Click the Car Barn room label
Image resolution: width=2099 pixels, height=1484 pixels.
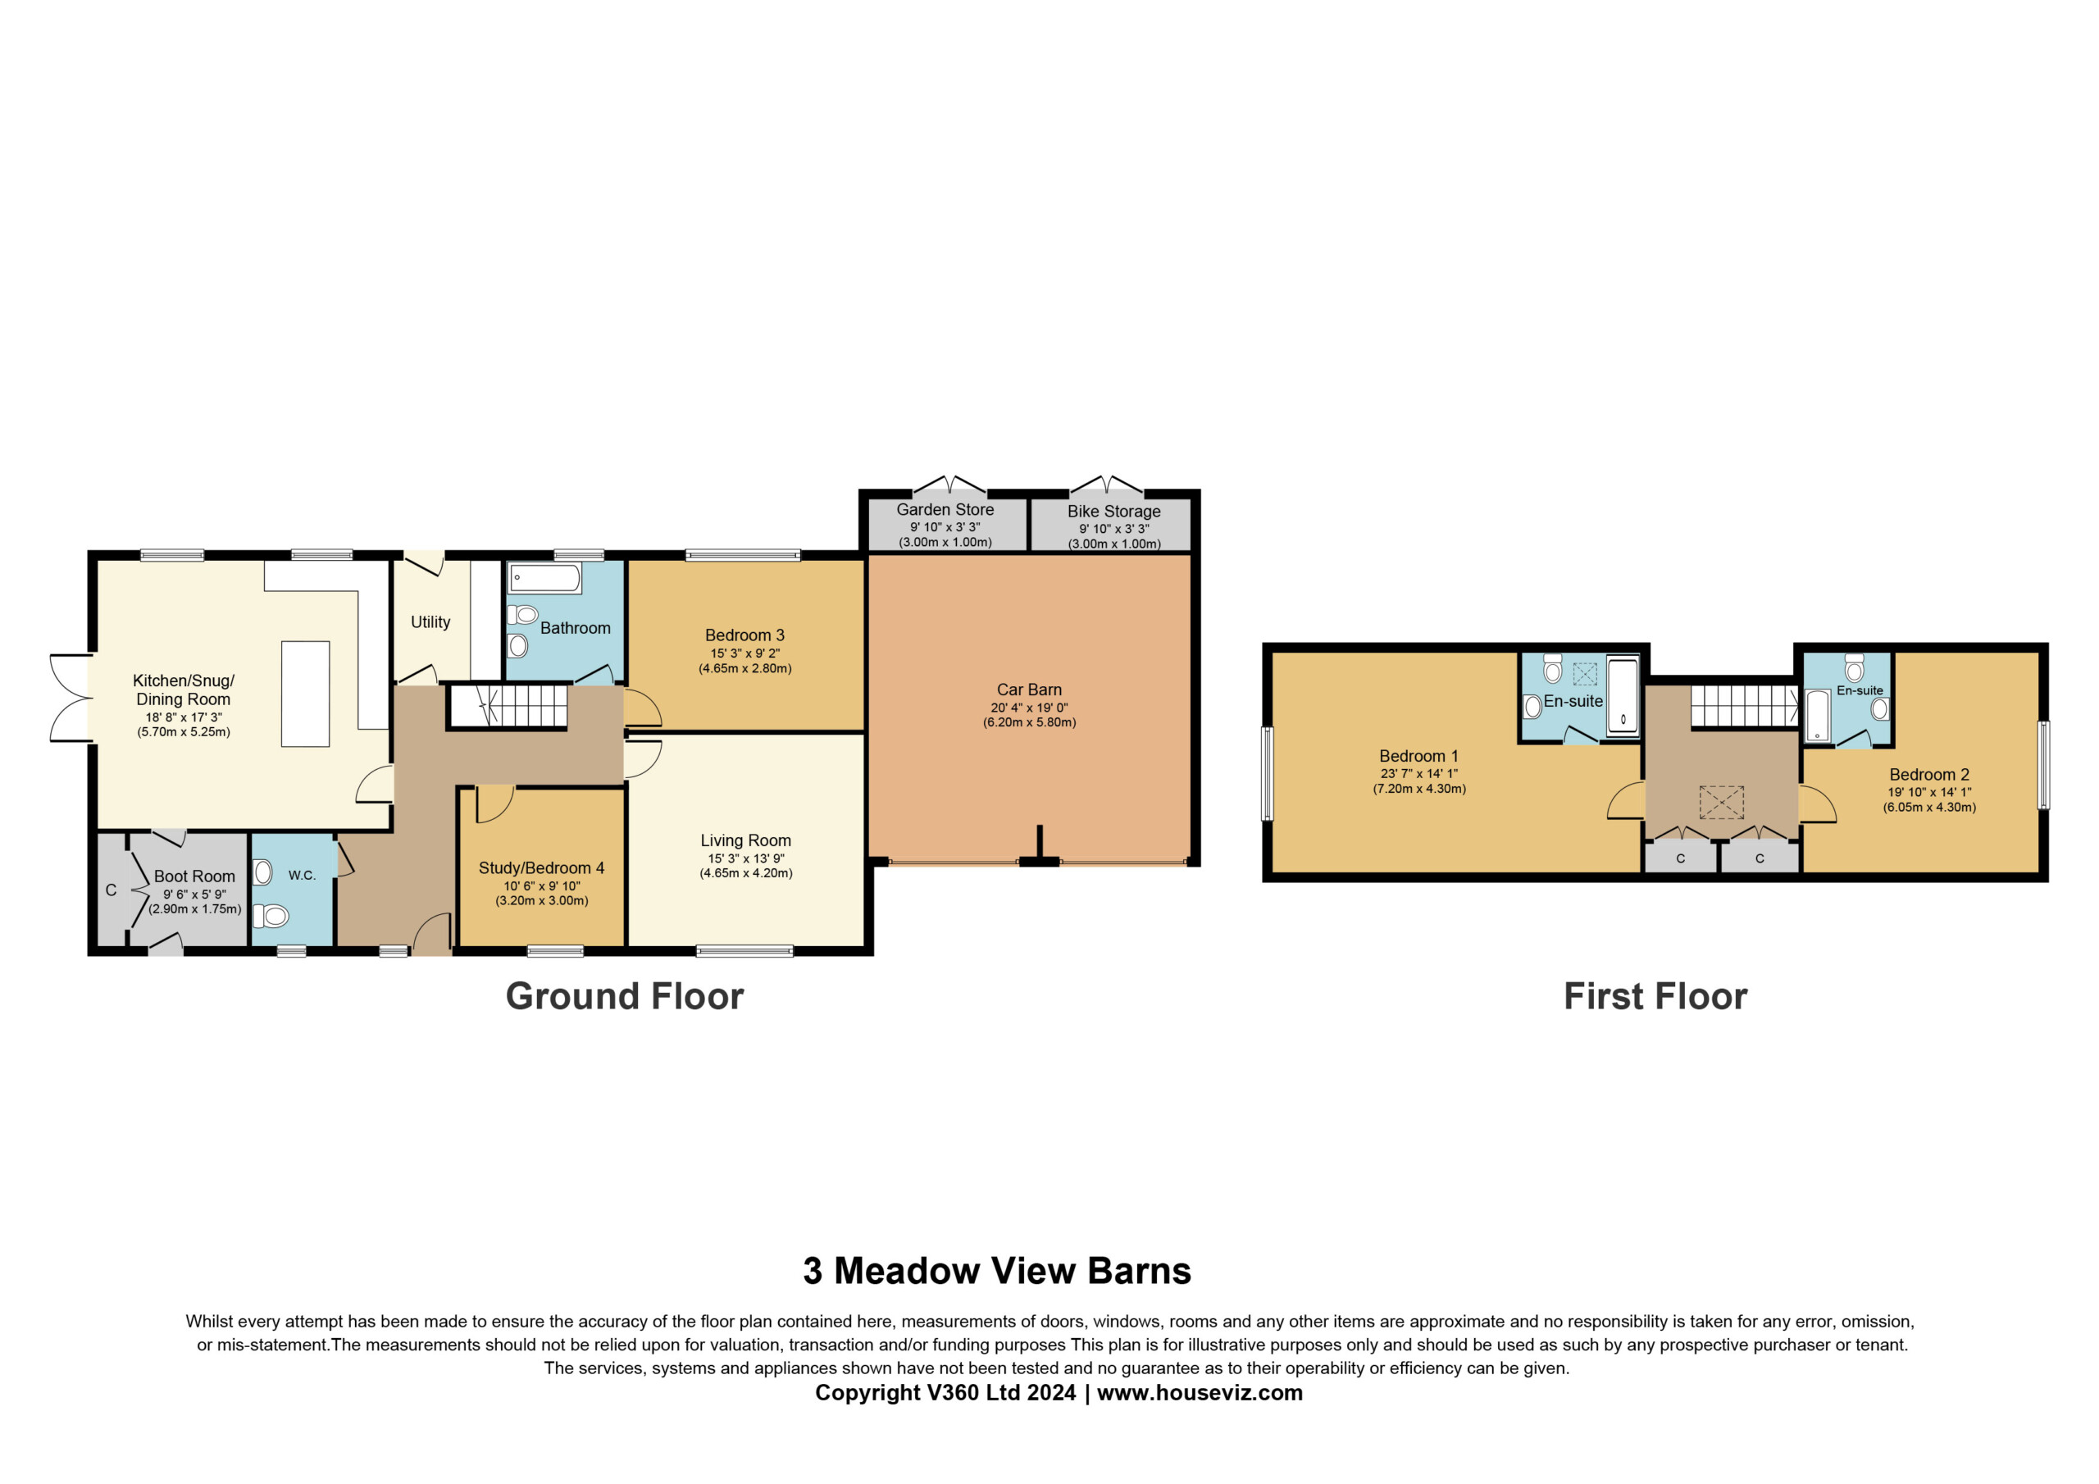coord(1029,690)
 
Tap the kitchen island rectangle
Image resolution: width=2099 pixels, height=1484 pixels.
coord(305,694)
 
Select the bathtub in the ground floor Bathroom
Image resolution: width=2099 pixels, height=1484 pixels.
coord(545,578)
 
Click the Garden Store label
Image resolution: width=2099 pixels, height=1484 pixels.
coord(945,509)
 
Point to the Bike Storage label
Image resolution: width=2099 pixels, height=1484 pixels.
coord(1113,511)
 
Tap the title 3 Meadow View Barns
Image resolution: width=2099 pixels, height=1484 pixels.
coord(996,1271)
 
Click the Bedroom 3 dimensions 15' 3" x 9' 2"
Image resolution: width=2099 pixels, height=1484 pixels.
coord(745,653)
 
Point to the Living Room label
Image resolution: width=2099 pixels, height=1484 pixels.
coord(746,840)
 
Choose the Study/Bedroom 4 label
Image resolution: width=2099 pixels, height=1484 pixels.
coord(541,867)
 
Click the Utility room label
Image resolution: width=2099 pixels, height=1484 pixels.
coord(430,621)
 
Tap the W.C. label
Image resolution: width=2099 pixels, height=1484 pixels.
coord(302,875)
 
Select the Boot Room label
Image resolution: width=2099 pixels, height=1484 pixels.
coord(194,876)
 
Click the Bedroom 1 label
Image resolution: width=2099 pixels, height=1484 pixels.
coord(1418,756)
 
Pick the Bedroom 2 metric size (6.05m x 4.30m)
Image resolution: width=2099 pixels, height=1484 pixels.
coord(1929,808)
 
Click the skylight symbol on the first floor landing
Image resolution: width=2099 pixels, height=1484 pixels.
coord(1722,802)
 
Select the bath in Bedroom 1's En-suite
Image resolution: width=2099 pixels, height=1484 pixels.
coord(1623,695)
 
